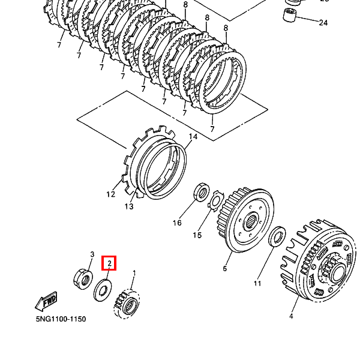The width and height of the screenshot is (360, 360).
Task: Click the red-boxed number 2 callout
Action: pos(110,263)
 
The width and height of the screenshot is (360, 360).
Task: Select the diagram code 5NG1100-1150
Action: pos(60,319)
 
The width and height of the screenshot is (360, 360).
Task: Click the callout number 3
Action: pos(92,254)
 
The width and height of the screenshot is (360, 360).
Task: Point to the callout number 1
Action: pos(134,273)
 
